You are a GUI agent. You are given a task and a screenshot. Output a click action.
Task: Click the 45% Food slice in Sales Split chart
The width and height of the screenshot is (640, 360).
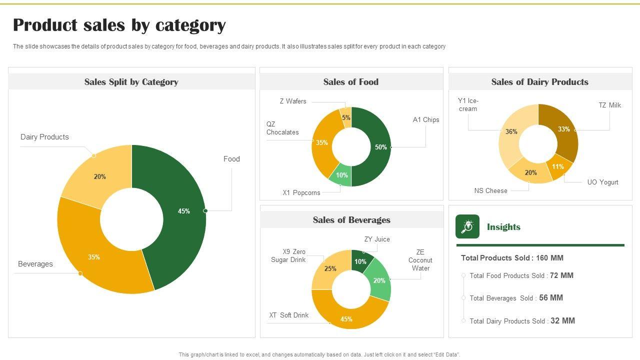(184, 211)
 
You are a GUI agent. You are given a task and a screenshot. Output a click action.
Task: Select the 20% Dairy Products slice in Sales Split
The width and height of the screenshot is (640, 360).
(99, 176)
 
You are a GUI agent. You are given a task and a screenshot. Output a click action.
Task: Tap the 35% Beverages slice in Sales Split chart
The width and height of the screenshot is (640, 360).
(94, 257)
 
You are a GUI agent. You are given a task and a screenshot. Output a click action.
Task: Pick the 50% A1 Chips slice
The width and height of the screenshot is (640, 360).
(380, 147)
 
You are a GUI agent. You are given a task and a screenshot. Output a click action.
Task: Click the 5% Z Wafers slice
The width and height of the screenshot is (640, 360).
(346, 117)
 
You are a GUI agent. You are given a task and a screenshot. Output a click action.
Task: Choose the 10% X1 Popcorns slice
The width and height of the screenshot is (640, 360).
(341, 175)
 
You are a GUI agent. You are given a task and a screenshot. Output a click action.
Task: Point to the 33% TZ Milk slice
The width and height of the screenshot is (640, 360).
(564, 129)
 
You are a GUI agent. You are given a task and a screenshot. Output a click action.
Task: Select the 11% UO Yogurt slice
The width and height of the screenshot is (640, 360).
(558, 167)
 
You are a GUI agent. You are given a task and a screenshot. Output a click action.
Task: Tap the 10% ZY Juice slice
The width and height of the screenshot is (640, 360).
(360, 261)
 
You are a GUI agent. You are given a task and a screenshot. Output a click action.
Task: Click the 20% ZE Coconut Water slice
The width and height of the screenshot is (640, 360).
(379, 280)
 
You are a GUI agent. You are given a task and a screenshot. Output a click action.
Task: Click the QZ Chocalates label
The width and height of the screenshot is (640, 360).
(282, 128)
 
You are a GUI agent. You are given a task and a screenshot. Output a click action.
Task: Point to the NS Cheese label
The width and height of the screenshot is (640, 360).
(490, 190)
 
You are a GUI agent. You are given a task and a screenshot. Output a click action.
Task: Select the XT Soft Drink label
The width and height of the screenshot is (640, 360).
(289, 315)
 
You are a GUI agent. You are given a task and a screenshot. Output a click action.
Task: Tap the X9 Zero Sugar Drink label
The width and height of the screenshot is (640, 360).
(288, 255)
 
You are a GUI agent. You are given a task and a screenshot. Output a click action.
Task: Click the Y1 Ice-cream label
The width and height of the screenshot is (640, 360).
(468, 105)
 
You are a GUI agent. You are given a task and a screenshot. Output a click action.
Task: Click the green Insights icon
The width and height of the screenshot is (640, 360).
(467, 226)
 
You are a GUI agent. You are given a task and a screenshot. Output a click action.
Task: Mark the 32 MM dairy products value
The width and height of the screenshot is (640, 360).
(562, 321)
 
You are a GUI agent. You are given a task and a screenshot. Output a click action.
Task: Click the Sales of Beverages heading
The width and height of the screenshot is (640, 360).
(351, 220)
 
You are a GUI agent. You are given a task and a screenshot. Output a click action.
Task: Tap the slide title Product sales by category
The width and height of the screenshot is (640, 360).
(119, 25)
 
